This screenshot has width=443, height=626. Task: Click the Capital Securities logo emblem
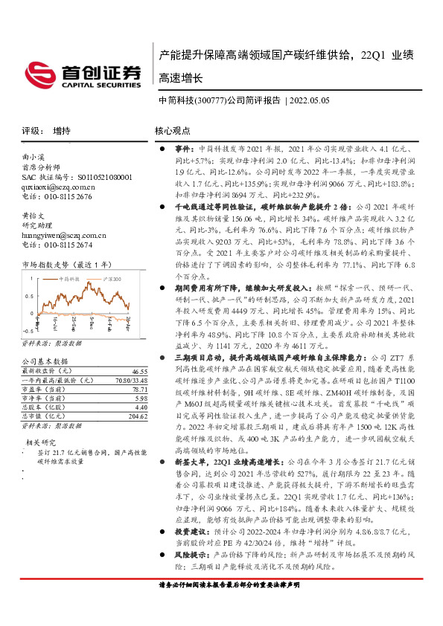[x=42, y=73]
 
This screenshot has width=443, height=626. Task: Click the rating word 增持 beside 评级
[x=61, y=130]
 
